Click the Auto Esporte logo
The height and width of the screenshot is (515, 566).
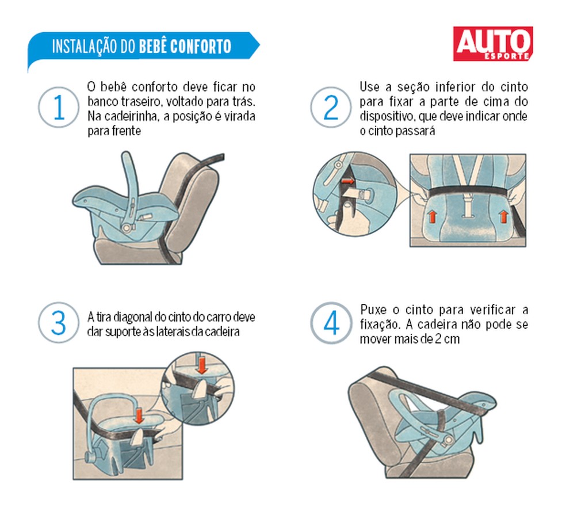click(492, 44)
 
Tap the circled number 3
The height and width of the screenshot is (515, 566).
click(58, 323)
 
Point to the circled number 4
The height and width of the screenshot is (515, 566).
click(331, 323)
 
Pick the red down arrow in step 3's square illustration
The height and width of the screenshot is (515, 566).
click(138, 415)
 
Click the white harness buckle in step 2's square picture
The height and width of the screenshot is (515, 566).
click(466, 201)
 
